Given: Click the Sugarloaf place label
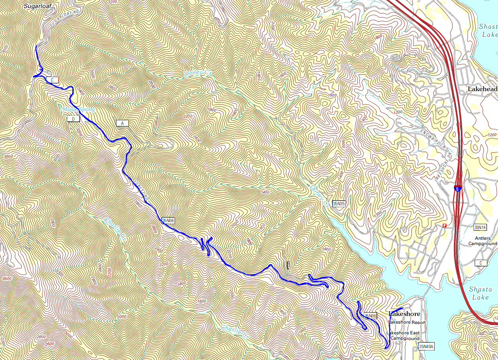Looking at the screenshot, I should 37,6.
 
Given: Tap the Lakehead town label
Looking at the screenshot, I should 482,89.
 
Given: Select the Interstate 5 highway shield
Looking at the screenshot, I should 458,188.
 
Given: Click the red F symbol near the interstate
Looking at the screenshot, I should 445,226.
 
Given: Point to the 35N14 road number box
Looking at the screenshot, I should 480,227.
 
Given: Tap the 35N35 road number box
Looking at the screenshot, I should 339,204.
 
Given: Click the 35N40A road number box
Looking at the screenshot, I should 426,347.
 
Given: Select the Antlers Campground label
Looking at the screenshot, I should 482,241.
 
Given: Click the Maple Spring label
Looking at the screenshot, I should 79,110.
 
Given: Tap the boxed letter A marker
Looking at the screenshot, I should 122,123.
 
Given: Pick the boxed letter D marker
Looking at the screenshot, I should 73,119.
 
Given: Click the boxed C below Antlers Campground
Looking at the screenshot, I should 480,263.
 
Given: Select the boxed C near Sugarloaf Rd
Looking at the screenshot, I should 52,80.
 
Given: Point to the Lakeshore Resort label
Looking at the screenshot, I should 407,322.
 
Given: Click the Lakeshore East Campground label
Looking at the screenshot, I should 403,335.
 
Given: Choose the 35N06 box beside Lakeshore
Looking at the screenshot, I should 370,316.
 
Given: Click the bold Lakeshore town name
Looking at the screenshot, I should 404,314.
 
